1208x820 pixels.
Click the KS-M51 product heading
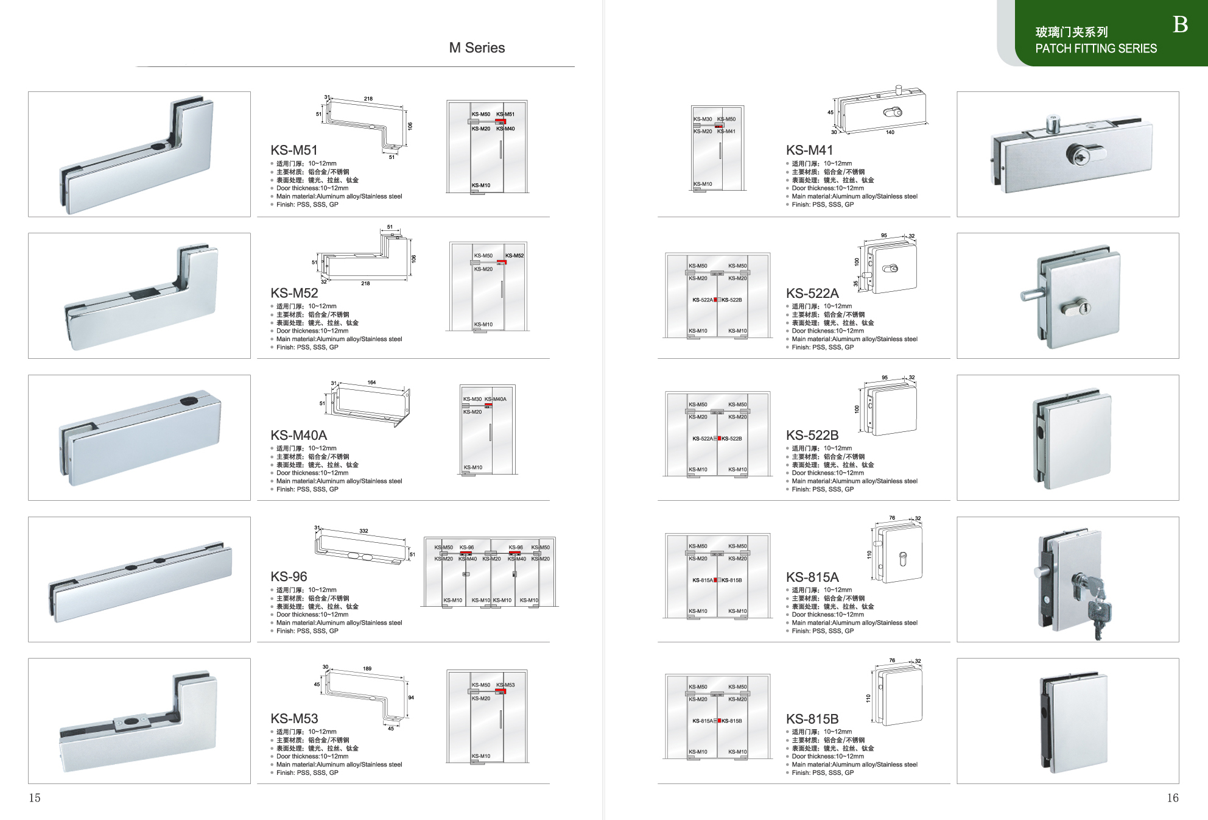(294, 150)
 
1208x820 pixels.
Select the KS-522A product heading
(812, 294)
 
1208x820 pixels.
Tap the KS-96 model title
(289, 577)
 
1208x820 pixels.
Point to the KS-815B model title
(812, 719)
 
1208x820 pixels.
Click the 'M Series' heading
(477, 48)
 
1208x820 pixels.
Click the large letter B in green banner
(1180, 24)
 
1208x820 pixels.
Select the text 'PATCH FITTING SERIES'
(1096, 49)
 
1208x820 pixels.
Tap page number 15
(35, 798)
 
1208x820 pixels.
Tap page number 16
(1173, 798)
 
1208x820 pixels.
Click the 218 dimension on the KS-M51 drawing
(368, 99)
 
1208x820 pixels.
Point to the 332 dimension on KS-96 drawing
(363, 531)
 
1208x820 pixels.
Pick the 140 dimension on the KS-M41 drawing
(890, 132)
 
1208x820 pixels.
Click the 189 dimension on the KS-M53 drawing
(367, 669)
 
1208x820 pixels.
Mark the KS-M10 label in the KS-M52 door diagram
(483, 325)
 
